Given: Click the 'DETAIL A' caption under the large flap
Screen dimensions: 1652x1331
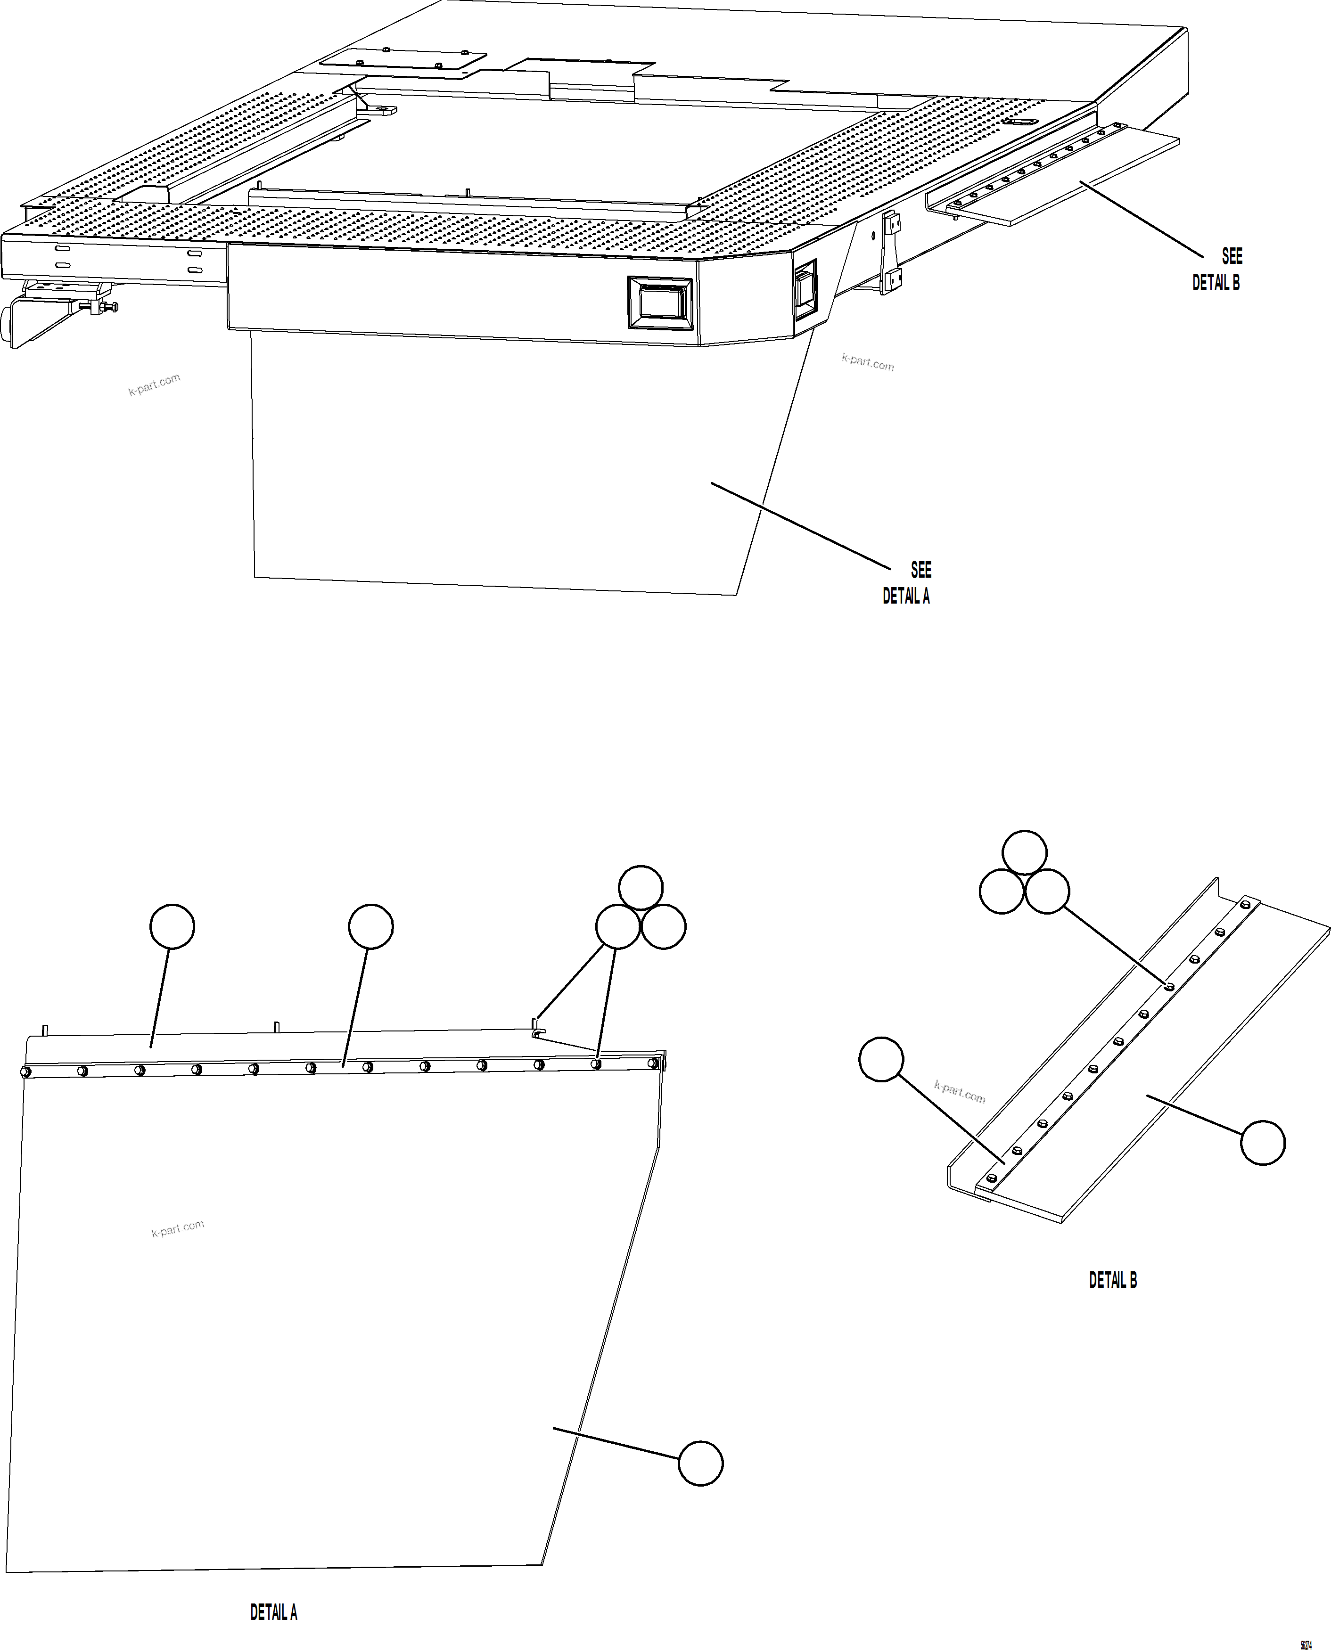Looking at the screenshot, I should [x=274, y=1612].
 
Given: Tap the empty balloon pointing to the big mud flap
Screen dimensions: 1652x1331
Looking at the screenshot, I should [x=700, y=1464].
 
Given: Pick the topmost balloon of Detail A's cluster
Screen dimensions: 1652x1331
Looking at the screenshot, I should [x=640, y=888].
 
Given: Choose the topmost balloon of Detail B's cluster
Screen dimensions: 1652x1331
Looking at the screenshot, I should [x=1024, y=852].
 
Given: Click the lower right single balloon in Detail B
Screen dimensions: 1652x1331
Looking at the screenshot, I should [x=1263, y=1143].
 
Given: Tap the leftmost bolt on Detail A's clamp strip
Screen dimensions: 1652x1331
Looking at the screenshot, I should [x=25, y=1071].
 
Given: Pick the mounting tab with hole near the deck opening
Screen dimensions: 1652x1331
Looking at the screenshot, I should [x=380, y=110].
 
